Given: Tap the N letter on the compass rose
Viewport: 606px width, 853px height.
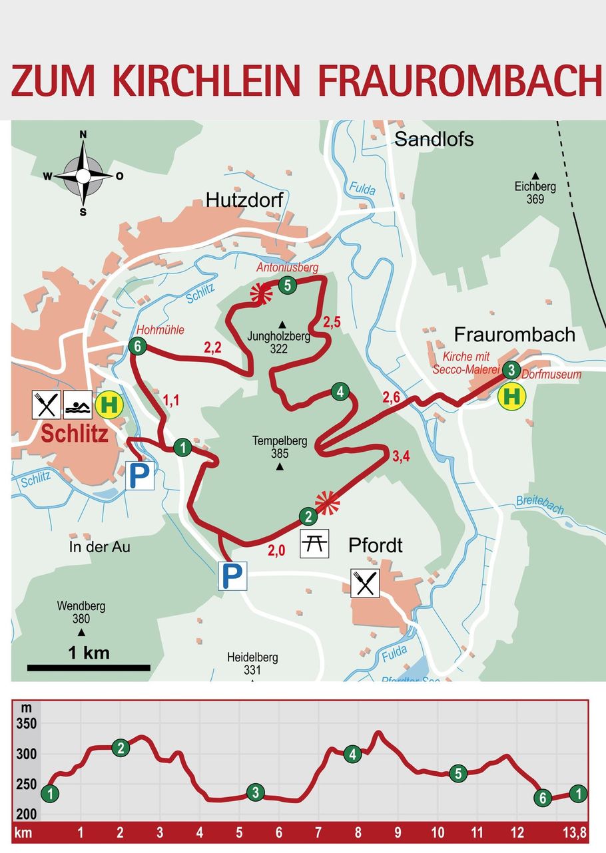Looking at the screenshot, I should click(83, 134).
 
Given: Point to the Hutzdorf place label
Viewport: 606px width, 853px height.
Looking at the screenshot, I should click(244, 200).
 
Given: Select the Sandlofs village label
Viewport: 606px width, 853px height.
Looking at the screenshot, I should click(434, 139).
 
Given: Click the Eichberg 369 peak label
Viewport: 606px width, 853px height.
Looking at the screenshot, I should click(535, 193).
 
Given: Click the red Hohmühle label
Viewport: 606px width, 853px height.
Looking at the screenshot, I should click(160, 329).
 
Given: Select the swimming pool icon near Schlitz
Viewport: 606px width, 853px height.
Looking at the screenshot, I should click(78, 404).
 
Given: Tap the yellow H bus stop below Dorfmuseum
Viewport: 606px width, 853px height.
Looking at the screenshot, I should click(511, 397).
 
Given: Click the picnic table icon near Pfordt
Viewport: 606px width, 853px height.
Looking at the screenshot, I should click(314, 544).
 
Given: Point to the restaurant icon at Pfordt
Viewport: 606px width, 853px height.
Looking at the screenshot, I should click(365, 583).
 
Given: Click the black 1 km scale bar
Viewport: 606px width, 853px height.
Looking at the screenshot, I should click(89, 667).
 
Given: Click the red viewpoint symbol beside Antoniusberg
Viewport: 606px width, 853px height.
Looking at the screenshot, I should click(260, 293).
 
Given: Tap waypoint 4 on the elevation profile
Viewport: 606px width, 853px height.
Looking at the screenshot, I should click(353, 754).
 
